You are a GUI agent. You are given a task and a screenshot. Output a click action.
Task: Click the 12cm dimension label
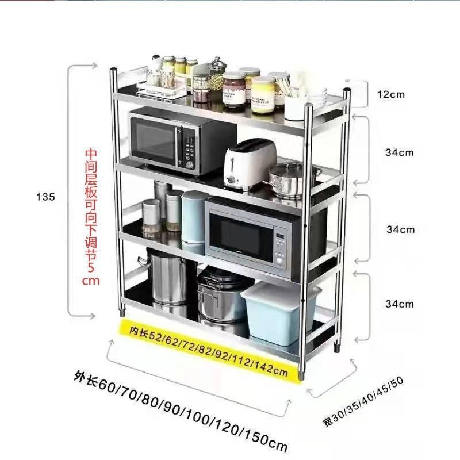pyautogui.click(x=391, y=94)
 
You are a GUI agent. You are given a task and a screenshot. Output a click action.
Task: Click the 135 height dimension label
pyautogui.click(x=46, y=197)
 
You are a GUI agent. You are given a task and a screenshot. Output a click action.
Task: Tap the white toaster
pyautogui.click(x=249, y=165)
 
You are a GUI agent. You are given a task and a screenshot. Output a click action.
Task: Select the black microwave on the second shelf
pyautogui.click(x=183, y=141)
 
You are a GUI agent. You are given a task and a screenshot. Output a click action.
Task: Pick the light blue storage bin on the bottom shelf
pyautogui.click(x=280, y=313)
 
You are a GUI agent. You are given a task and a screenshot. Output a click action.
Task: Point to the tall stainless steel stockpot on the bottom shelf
pyautogui.click(x=166, y=276)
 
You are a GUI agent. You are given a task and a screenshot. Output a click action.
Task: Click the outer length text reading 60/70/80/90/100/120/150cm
pyautogui.click(x=181, y=411)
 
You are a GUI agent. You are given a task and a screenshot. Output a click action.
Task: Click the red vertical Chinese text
pyautogui.click(x=91, y=217)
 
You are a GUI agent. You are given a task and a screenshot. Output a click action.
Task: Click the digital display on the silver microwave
pyautogui.click(x=280, y=236)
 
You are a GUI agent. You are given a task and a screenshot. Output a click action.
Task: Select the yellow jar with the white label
pyautogui.click(x=263, y=95)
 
